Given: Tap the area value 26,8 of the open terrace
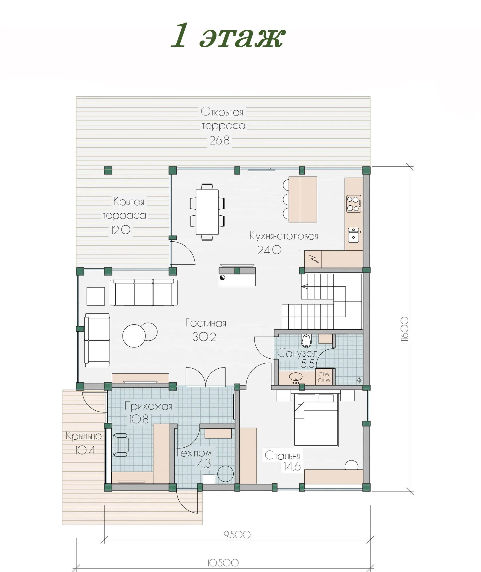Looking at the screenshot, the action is (219, 140).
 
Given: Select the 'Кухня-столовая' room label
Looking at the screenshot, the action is (284, 236).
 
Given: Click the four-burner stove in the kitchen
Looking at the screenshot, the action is (354, 204).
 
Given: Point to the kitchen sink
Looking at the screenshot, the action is (354, 235).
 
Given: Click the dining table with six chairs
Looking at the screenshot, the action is (207, 212).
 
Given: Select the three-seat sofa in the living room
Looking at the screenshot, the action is (143, 292).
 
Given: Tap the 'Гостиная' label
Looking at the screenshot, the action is (206, 323).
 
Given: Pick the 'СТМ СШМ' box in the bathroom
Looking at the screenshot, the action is (324, 377).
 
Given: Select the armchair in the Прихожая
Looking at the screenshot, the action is (120, 445).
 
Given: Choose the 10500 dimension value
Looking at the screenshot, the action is (223, 563).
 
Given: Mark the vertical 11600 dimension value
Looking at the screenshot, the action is (405, 329).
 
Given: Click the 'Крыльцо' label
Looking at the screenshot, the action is (84, 436).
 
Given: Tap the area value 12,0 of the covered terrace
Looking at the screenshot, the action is (121, 230).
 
